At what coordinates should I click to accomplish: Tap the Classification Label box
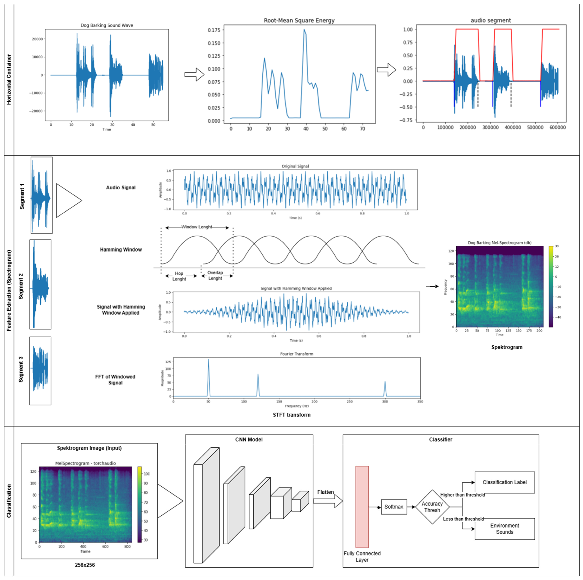pos(505,482)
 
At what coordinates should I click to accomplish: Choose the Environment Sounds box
pos(505,529)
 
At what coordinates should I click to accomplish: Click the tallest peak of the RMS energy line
pos(304,30)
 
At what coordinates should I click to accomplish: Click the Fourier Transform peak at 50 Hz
pos(208,360)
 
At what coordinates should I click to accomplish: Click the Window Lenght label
pos(197,227)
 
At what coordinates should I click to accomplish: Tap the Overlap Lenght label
pos(215,275)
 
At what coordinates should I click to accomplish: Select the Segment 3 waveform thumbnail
pos(40,371)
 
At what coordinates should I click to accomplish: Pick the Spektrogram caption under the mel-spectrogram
pos(507,347)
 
